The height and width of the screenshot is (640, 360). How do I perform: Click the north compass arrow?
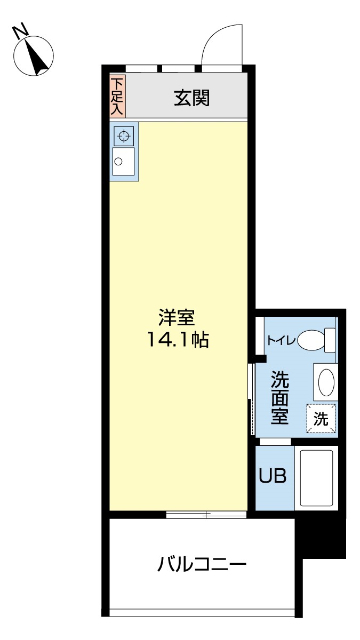[x=38, y=54]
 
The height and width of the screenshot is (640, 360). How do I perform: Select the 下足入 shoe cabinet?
[x=118, y=96]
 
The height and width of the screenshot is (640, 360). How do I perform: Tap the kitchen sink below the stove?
[x=122, y=162]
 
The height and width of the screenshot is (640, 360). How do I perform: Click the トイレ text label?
[x=279, y=340]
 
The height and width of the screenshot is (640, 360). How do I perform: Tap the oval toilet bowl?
[x=311, y=340]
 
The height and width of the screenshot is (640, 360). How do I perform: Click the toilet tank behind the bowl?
[x=330, y=340]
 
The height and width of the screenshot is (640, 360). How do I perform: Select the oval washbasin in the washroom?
[x=325, y=383]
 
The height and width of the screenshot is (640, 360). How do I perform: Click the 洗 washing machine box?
[x=320, y=420]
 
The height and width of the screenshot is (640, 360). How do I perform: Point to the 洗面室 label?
[x=280, y=397]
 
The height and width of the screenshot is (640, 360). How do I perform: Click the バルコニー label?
[x=201, y=565]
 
